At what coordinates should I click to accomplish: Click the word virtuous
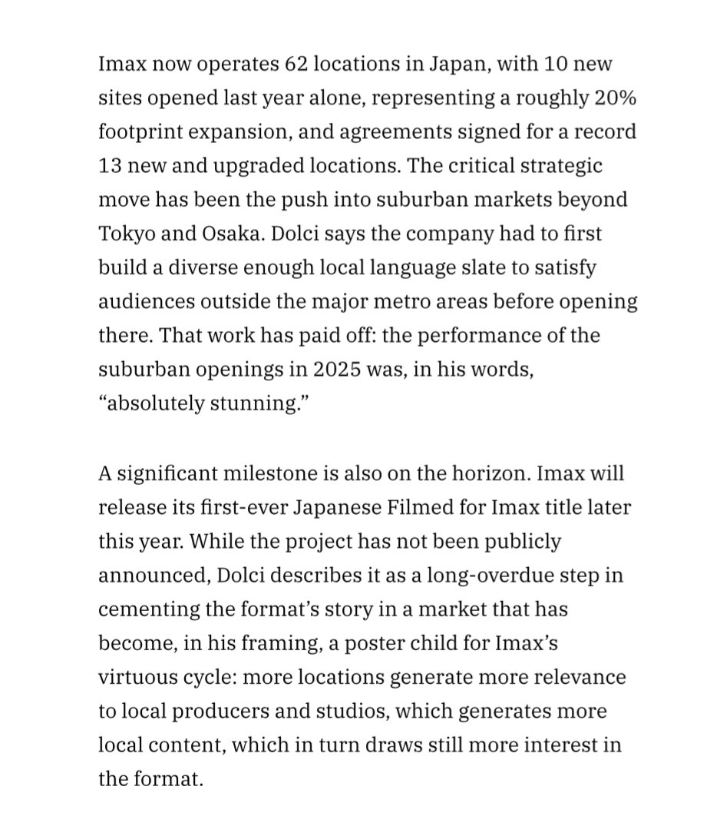point(134,676)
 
